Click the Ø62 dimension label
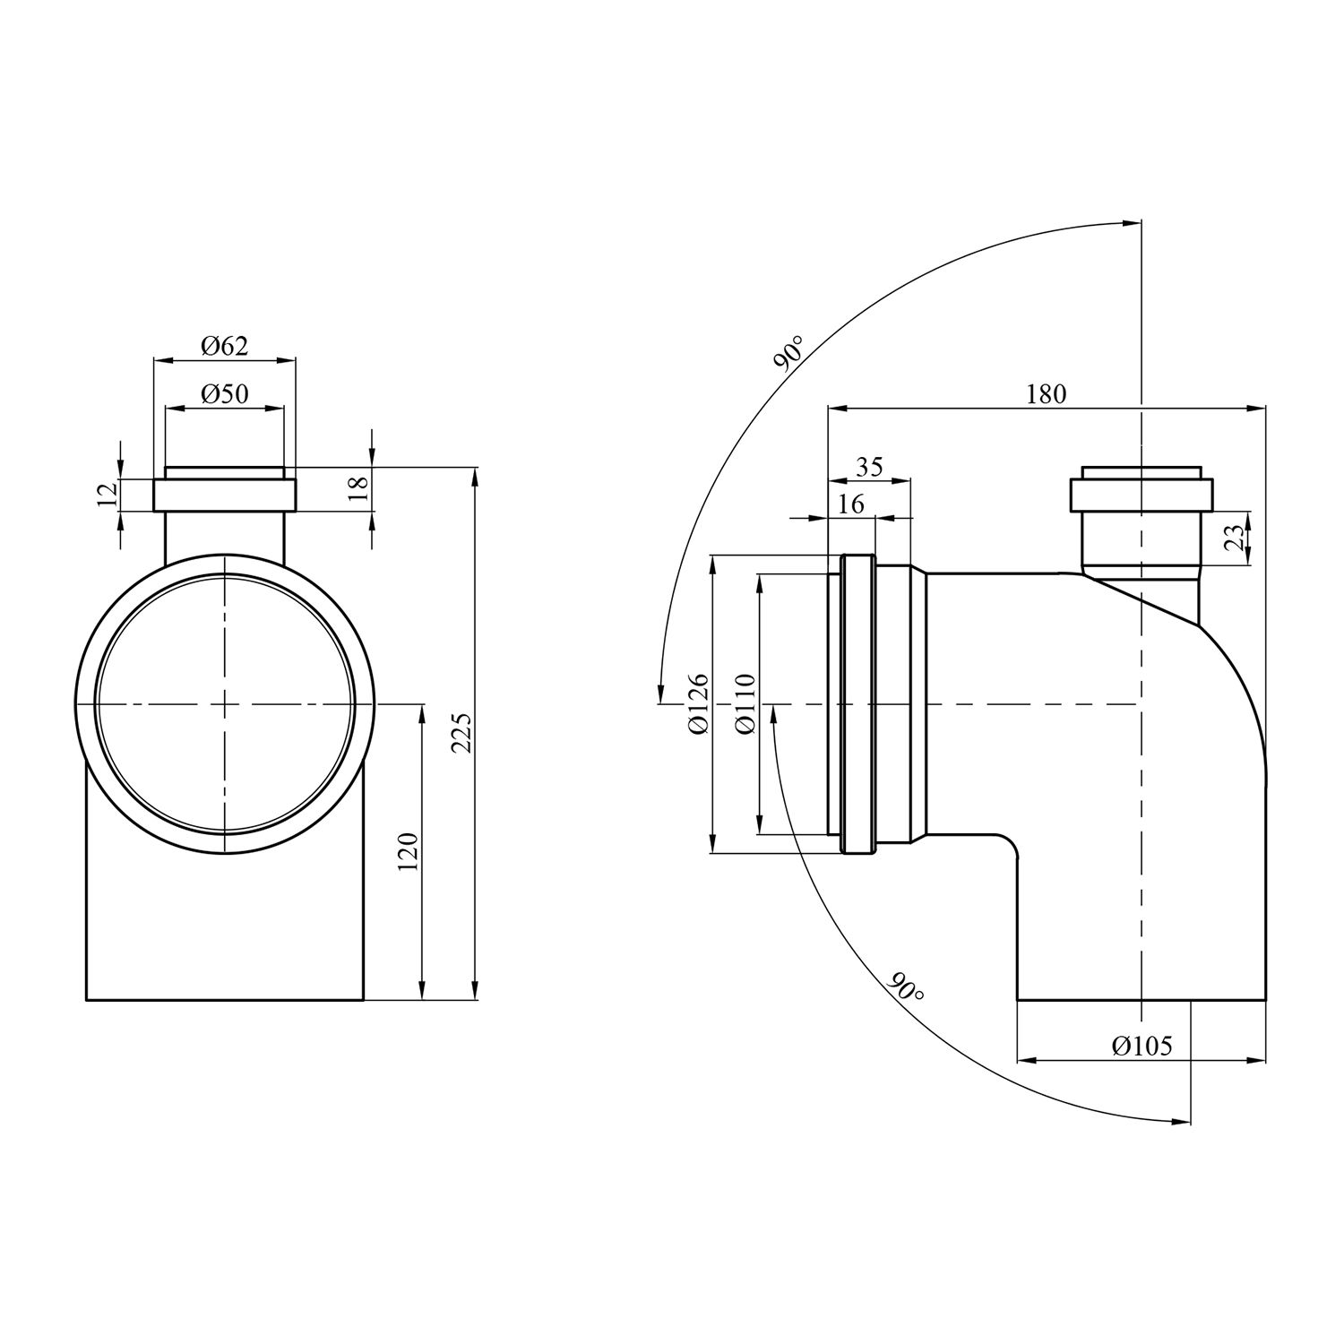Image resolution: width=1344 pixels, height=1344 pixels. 224,346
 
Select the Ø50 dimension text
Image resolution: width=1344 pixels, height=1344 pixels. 224,393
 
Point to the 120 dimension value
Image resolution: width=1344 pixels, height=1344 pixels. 408,852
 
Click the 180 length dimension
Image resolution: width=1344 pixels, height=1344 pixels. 1046,393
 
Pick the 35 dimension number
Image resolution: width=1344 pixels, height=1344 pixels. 869,466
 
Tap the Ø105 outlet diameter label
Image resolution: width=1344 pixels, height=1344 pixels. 1142,1046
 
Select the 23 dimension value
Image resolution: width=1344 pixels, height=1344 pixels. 1235,538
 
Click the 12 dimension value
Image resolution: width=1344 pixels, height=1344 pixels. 108,494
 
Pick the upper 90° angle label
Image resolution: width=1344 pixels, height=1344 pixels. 788,353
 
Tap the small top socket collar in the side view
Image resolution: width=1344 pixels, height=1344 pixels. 1141,495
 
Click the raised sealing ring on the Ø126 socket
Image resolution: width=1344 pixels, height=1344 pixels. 857,704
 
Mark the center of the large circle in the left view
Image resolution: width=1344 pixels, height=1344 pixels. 224,704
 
